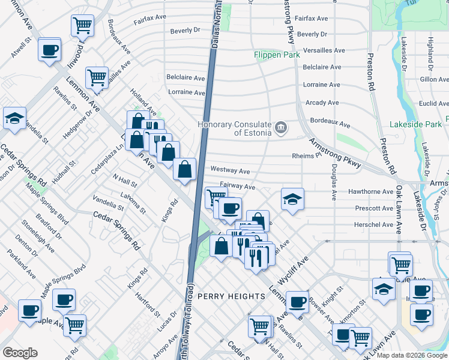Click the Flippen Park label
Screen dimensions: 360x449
point(275,55)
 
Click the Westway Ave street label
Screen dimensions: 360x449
point(231,171)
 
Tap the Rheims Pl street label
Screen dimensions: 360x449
point(307,155)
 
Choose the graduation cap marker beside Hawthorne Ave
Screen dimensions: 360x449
point(292,199)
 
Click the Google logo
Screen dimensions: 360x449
point(20,353)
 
